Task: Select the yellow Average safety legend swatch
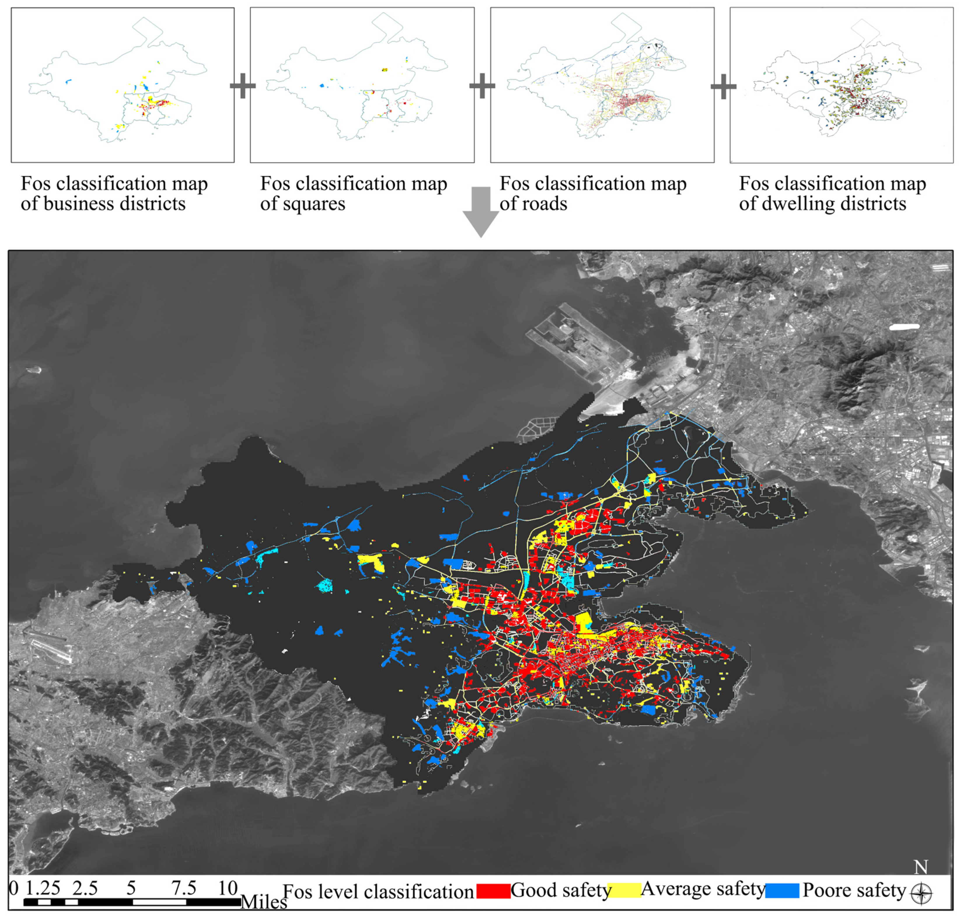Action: (624, 890)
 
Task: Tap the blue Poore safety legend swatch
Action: (782, 890)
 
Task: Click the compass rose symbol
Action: (921, 894)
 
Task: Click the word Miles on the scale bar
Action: (263, 901)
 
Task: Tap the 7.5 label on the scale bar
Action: (183, 887)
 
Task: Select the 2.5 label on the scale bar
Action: (85, 887)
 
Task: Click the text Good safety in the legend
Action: (560, 890)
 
